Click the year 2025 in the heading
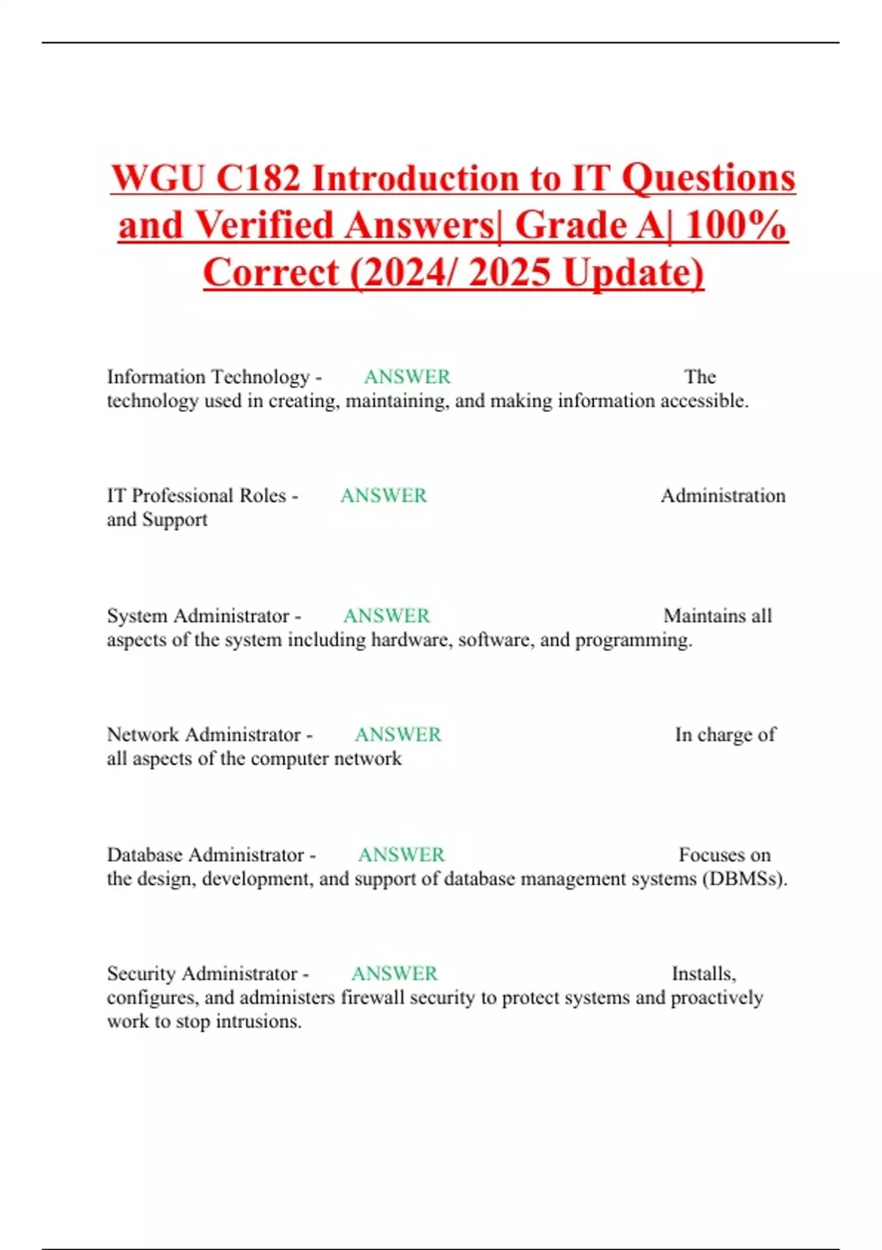(509, 273)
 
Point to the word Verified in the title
(262, 226)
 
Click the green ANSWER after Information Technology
(407, 376)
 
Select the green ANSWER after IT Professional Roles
(384, 496)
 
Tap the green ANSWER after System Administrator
(387, 615)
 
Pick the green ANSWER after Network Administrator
(398, 735)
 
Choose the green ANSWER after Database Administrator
(401, 854)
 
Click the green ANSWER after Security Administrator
(395, 974)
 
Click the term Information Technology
(208, 376)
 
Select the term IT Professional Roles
(196, 496)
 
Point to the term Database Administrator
(206, 854)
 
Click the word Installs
(703, 974)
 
